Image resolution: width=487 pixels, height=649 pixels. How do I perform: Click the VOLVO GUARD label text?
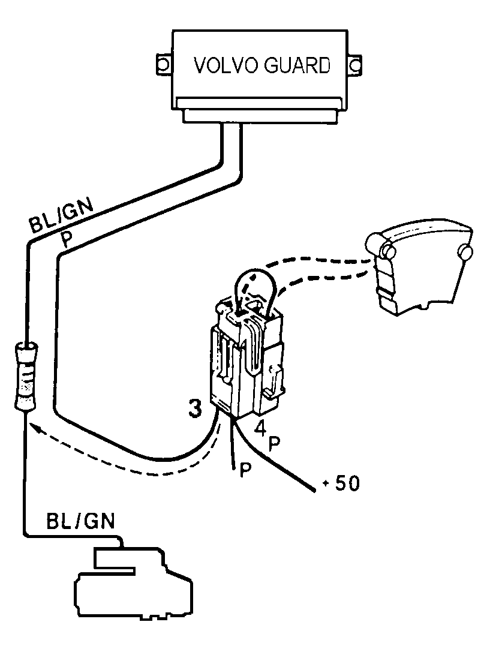tap(262, 65)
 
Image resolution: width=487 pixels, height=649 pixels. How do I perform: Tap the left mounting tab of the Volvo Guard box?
tap(163, 65)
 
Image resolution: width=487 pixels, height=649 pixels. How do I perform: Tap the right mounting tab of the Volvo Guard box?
tap(354, 65)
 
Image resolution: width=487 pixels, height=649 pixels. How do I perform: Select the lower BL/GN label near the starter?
tap(80, 521)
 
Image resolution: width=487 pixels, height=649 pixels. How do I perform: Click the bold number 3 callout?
tap(194, 408)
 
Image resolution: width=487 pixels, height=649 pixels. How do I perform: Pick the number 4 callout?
tap(260, 428)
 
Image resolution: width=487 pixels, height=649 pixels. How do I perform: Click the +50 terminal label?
tap(342, 483)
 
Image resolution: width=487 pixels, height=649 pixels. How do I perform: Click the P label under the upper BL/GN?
tap(66, 239)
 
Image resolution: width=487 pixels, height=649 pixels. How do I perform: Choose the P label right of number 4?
tap(274, 444)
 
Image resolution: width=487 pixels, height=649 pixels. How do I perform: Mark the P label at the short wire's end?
tap(246, 471)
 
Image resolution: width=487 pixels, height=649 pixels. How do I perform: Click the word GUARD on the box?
tap(297, 65)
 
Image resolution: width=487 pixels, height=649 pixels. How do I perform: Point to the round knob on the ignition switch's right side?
tap(465, 252)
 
